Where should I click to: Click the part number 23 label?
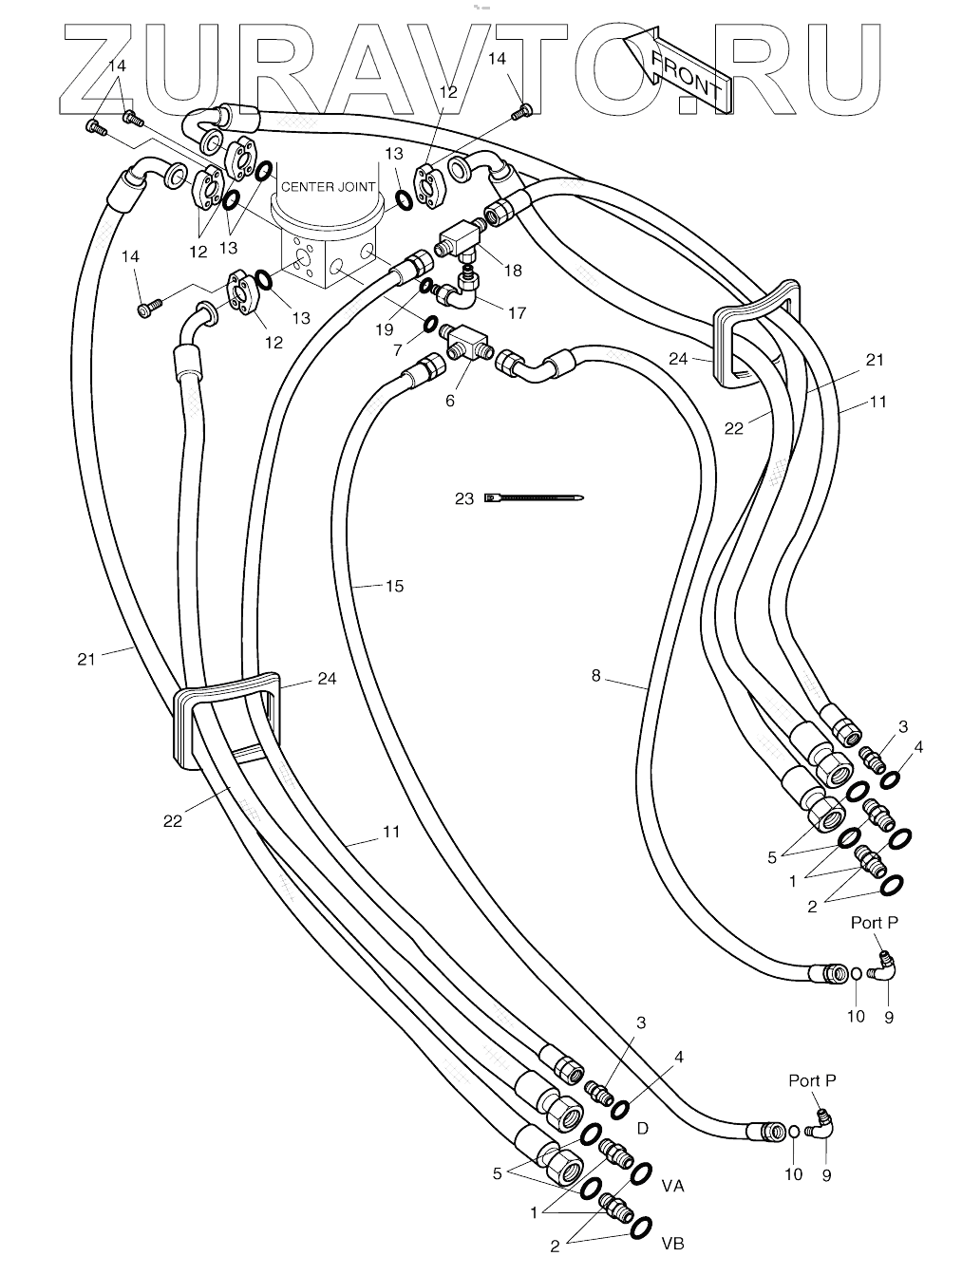click(x=463, y=497)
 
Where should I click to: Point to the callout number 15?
click(x=394, y=586)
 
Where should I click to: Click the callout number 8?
click(x=595, y=676)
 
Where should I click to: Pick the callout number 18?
click(x=513, y=271)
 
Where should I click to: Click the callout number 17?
click(x=517, y=312)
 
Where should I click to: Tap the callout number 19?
click(x=384, y=328)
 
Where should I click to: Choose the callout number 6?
click(x=450, y=401)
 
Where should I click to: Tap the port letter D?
click(x=642, y=1128)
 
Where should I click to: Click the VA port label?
click(x=672, y=1186)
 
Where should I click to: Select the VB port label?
click(x=672, y=1244)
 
